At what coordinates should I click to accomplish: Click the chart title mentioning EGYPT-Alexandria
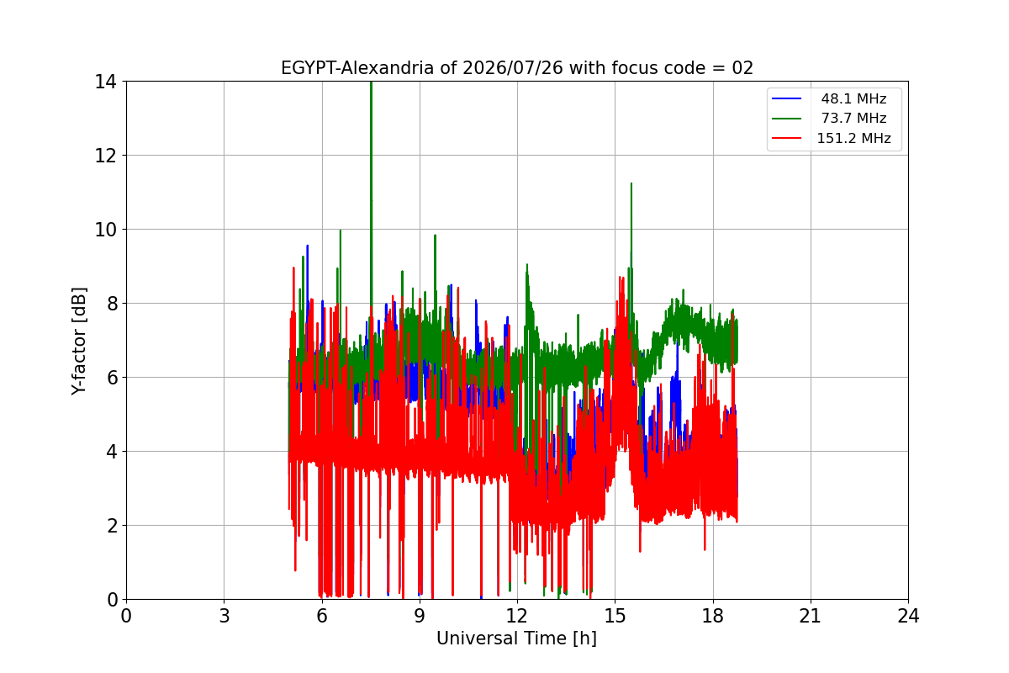tap(516, 68)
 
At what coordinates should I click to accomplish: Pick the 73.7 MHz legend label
tap(853, 118)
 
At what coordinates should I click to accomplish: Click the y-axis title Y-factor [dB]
tap(78, 342)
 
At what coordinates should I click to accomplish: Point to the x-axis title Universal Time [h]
tap(516, 639)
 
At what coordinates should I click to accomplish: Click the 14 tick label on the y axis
tap(105, 82)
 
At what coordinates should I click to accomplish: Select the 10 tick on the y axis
tap(105, 230)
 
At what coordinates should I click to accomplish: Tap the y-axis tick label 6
tap(112, 378)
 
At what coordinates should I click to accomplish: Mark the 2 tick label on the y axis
tap(112, 526)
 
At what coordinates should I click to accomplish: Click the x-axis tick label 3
tap(225, 616)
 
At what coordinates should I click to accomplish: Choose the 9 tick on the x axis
tap(420, 616)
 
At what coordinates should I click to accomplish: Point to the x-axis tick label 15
tap(615, 616)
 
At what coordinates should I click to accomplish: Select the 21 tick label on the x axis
tap(811, 616)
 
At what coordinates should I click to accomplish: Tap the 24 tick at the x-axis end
tap(909, 616)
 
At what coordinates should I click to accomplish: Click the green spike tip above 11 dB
tap(631, 183)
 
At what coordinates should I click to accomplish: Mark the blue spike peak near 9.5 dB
tap(307, 246)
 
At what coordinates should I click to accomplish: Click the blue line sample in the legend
tap(786, 98)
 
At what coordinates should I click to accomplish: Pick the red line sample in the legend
tap(786, 138)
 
